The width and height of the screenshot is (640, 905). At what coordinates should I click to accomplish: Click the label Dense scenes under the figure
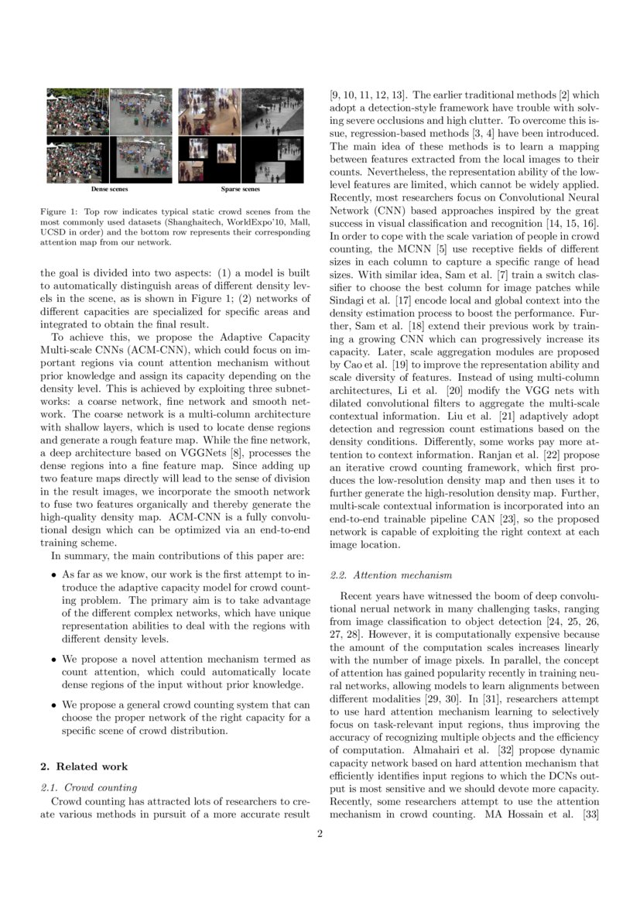tap(109, 188)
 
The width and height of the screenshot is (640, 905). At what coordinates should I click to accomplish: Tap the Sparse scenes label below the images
tap(241, 188)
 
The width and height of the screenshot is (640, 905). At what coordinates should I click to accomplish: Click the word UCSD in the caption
tap(53, 231)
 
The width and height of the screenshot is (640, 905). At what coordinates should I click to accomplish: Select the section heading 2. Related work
tap(84, 766)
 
